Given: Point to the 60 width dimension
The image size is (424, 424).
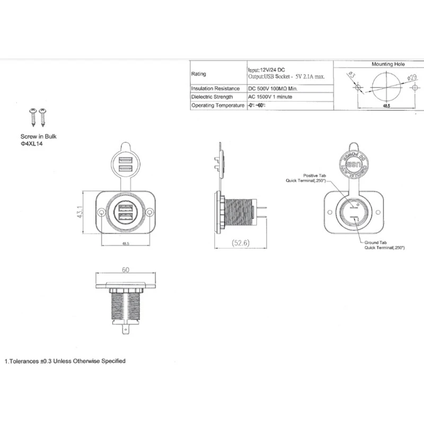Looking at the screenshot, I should pyautogui.click(x=126, y=270).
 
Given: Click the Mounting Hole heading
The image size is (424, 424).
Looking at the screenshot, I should pyautogui.click(x=388, y=64).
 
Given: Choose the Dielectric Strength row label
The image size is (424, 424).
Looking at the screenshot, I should pyautogui.click(x=213, y=97).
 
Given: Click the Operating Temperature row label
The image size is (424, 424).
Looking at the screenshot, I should pyautogui.click(x=217, y=106).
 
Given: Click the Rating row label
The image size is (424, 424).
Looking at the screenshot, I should pyautogui.click(x=199, y=74).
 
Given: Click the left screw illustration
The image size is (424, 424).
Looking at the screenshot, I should pyautogui.click(x=32, y=117).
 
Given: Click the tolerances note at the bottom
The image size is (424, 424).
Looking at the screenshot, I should pyautogui.click(x=65, y=361).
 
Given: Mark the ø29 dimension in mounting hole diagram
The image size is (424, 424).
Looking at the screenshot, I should pyautogui.click(x=411, y=78).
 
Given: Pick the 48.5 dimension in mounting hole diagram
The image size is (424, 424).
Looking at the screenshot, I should pyautogui.click(x=386, y=107).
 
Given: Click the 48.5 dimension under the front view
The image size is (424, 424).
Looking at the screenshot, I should pyautogui.click(x=126, y=244).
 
